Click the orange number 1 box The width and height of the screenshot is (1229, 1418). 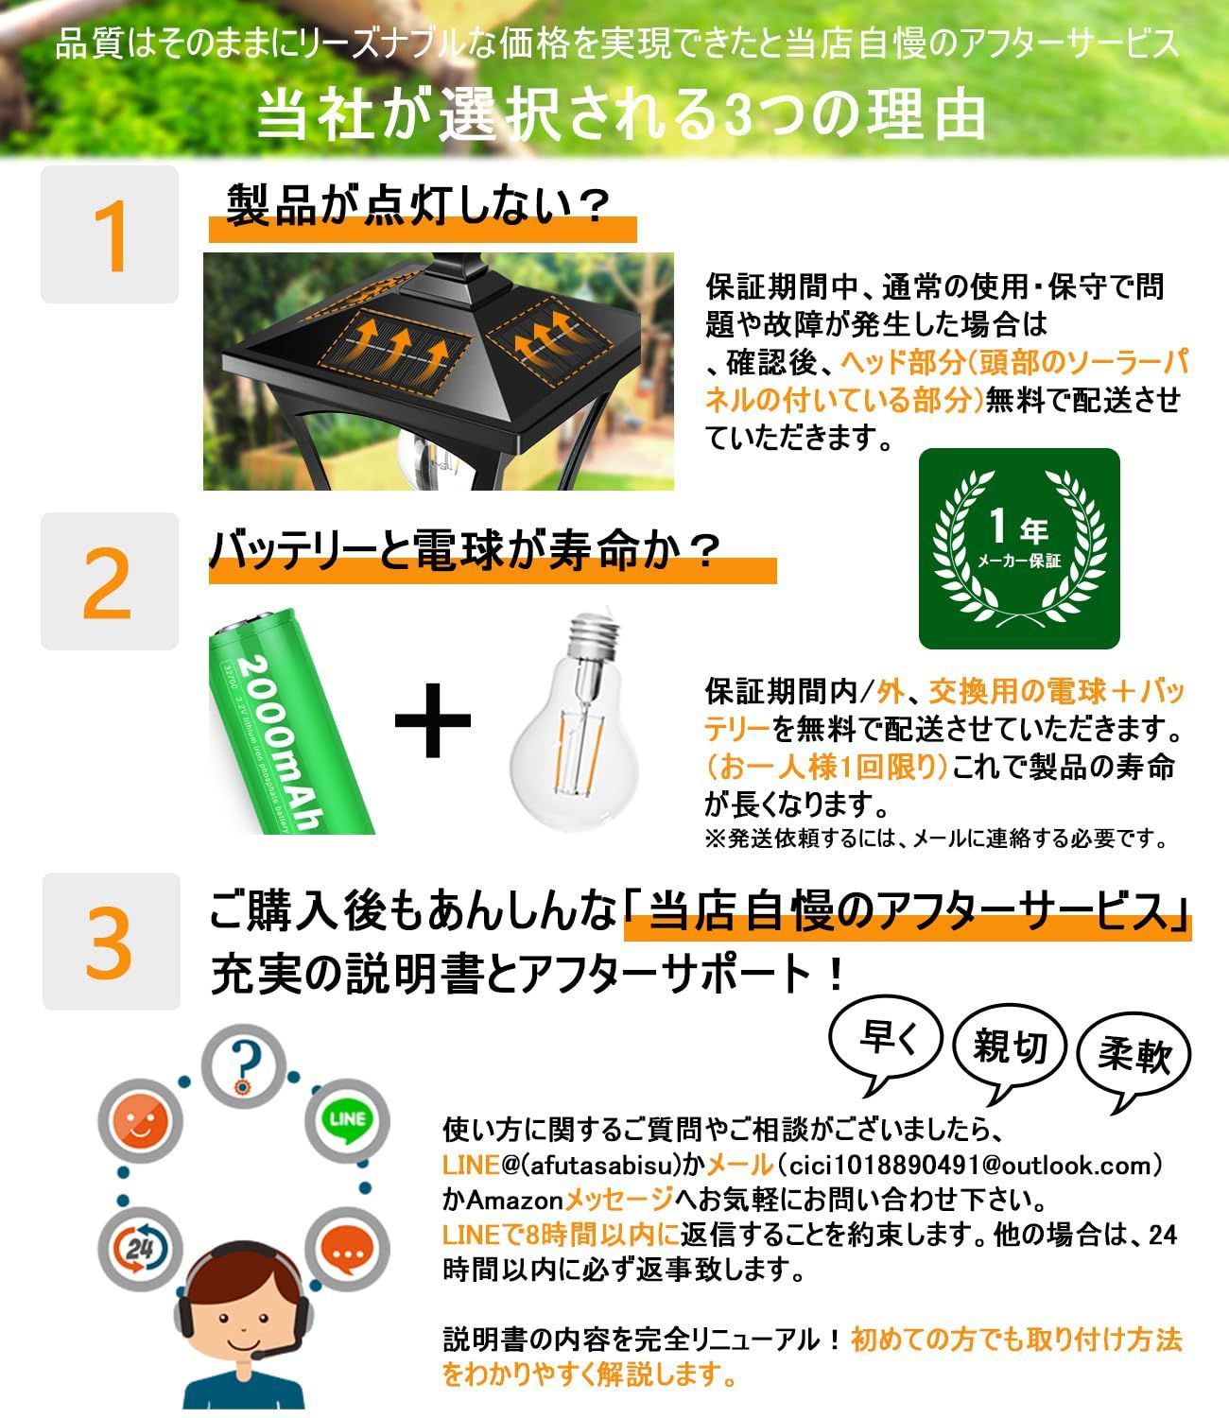click(109, 233)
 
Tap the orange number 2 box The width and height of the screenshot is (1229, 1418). click(109, 581)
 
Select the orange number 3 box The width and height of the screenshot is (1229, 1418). click(111, 942)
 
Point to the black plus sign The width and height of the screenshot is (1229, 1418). click(432, 719)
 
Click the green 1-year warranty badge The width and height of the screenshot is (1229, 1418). click(1019, 549)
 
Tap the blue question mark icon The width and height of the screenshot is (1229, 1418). click(244, 1066)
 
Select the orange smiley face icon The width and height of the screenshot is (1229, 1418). click(140, 1121)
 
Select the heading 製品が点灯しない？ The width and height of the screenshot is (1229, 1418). click(418, 205)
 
